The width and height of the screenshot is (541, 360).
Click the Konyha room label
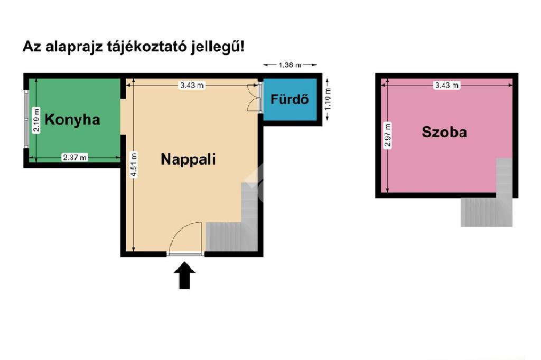point(72,120)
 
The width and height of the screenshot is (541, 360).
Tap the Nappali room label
point(188,159)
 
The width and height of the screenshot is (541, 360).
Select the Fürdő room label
point(290,99)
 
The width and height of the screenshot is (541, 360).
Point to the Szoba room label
point(444,132)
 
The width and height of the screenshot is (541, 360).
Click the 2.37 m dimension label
point(74,157)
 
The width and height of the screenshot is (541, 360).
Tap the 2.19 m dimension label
point(36,120)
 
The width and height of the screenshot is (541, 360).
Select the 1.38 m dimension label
point(290,65)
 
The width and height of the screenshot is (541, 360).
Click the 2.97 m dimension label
point(388,136)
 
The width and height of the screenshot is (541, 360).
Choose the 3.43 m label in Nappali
point(192,85)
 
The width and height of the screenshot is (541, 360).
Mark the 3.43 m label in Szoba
point(446,85)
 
